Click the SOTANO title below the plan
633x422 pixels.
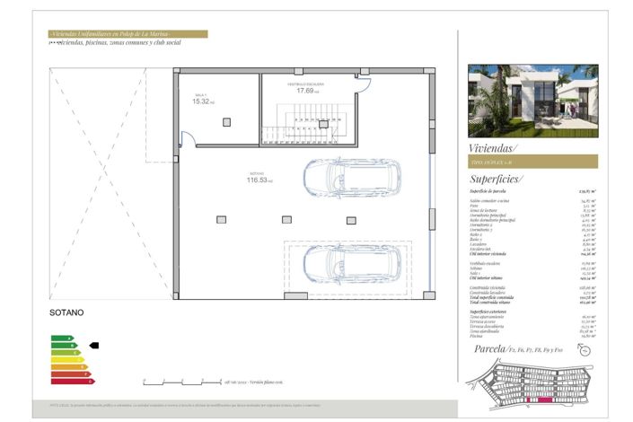[x=66, y=313]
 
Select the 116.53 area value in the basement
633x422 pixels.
[x=259, y=180]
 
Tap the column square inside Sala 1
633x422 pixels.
[x=225, y=121]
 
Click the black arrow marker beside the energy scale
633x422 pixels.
[x=93, y=345]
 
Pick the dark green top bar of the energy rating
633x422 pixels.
[x=60, y=338]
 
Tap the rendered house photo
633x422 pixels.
[x=532, y=100]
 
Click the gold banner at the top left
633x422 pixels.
[x=127, y=34]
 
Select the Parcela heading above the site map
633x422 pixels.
[x=489, y=348]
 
